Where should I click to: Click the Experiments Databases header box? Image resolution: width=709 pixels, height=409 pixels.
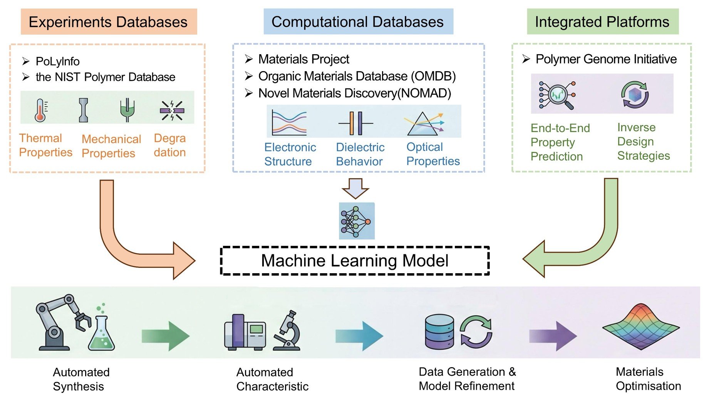(x=109, y=22)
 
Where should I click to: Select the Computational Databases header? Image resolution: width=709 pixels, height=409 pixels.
(x=358, y=22)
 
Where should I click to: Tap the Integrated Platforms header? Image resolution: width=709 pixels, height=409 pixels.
(x=603, y=22)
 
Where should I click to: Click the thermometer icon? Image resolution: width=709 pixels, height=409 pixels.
(x=40, y=110)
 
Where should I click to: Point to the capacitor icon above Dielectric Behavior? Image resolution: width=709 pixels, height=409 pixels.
(x=356, y=124)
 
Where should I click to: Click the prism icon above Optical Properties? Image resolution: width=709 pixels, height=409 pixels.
(x=424, y=124)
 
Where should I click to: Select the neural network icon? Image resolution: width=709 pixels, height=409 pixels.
(x=357, y=221)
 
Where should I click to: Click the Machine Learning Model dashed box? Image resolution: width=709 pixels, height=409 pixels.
(x=355, y=261)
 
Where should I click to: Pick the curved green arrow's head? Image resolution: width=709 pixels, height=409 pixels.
(x=534, y=259)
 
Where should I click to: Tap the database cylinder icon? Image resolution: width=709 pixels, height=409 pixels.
(x=439, y=332)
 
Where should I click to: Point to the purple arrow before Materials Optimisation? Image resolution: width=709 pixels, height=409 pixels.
(x=553, y=336)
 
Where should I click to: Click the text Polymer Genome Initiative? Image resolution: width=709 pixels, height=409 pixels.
(x=606, y=59)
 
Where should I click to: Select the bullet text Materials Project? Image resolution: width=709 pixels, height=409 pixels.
(x=304, y=59)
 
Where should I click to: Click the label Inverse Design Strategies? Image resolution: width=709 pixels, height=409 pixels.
(x=644, y=142)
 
